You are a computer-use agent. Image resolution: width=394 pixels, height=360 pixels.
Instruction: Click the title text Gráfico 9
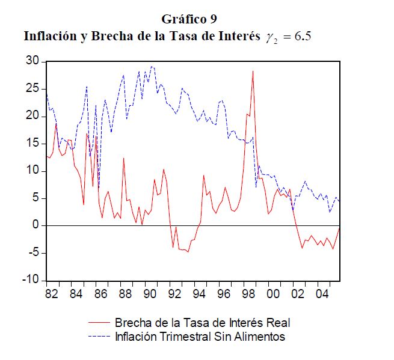[x=189, y=18]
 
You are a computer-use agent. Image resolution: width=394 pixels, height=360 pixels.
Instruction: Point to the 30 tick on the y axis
[x=32, y=62]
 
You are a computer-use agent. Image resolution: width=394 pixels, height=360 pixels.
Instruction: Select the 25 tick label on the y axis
[x=32, y=89]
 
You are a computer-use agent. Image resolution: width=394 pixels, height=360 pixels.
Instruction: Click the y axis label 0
[x=35, y=225]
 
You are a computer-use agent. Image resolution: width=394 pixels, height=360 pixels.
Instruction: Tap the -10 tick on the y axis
[x=29, y=281]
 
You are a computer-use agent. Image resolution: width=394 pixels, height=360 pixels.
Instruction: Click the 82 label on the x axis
[x=52, y=294]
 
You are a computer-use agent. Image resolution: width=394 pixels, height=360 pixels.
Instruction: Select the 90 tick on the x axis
[x=150, y=294]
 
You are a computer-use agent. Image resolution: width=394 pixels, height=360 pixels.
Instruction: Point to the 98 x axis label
[x=249, y=294]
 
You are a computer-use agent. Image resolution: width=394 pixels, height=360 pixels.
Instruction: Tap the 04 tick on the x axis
[x=322, y=294]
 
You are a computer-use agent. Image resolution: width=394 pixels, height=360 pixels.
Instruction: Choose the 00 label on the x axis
[x=273, y=294]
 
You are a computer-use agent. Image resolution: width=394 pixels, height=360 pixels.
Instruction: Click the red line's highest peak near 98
[x=253, y=71]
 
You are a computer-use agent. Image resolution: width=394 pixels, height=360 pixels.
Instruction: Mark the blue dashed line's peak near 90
[x=152, y=66]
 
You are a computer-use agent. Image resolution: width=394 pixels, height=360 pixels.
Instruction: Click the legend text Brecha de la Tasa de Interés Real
[x=203, y=323]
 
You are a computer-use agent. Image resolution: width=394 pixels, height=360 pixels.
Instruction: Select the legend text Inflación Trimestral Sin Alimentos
[x=200, y=336]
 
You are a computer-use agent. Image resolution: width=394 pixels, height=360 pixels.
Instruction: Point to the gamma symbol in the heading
[x=268, y=37]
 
